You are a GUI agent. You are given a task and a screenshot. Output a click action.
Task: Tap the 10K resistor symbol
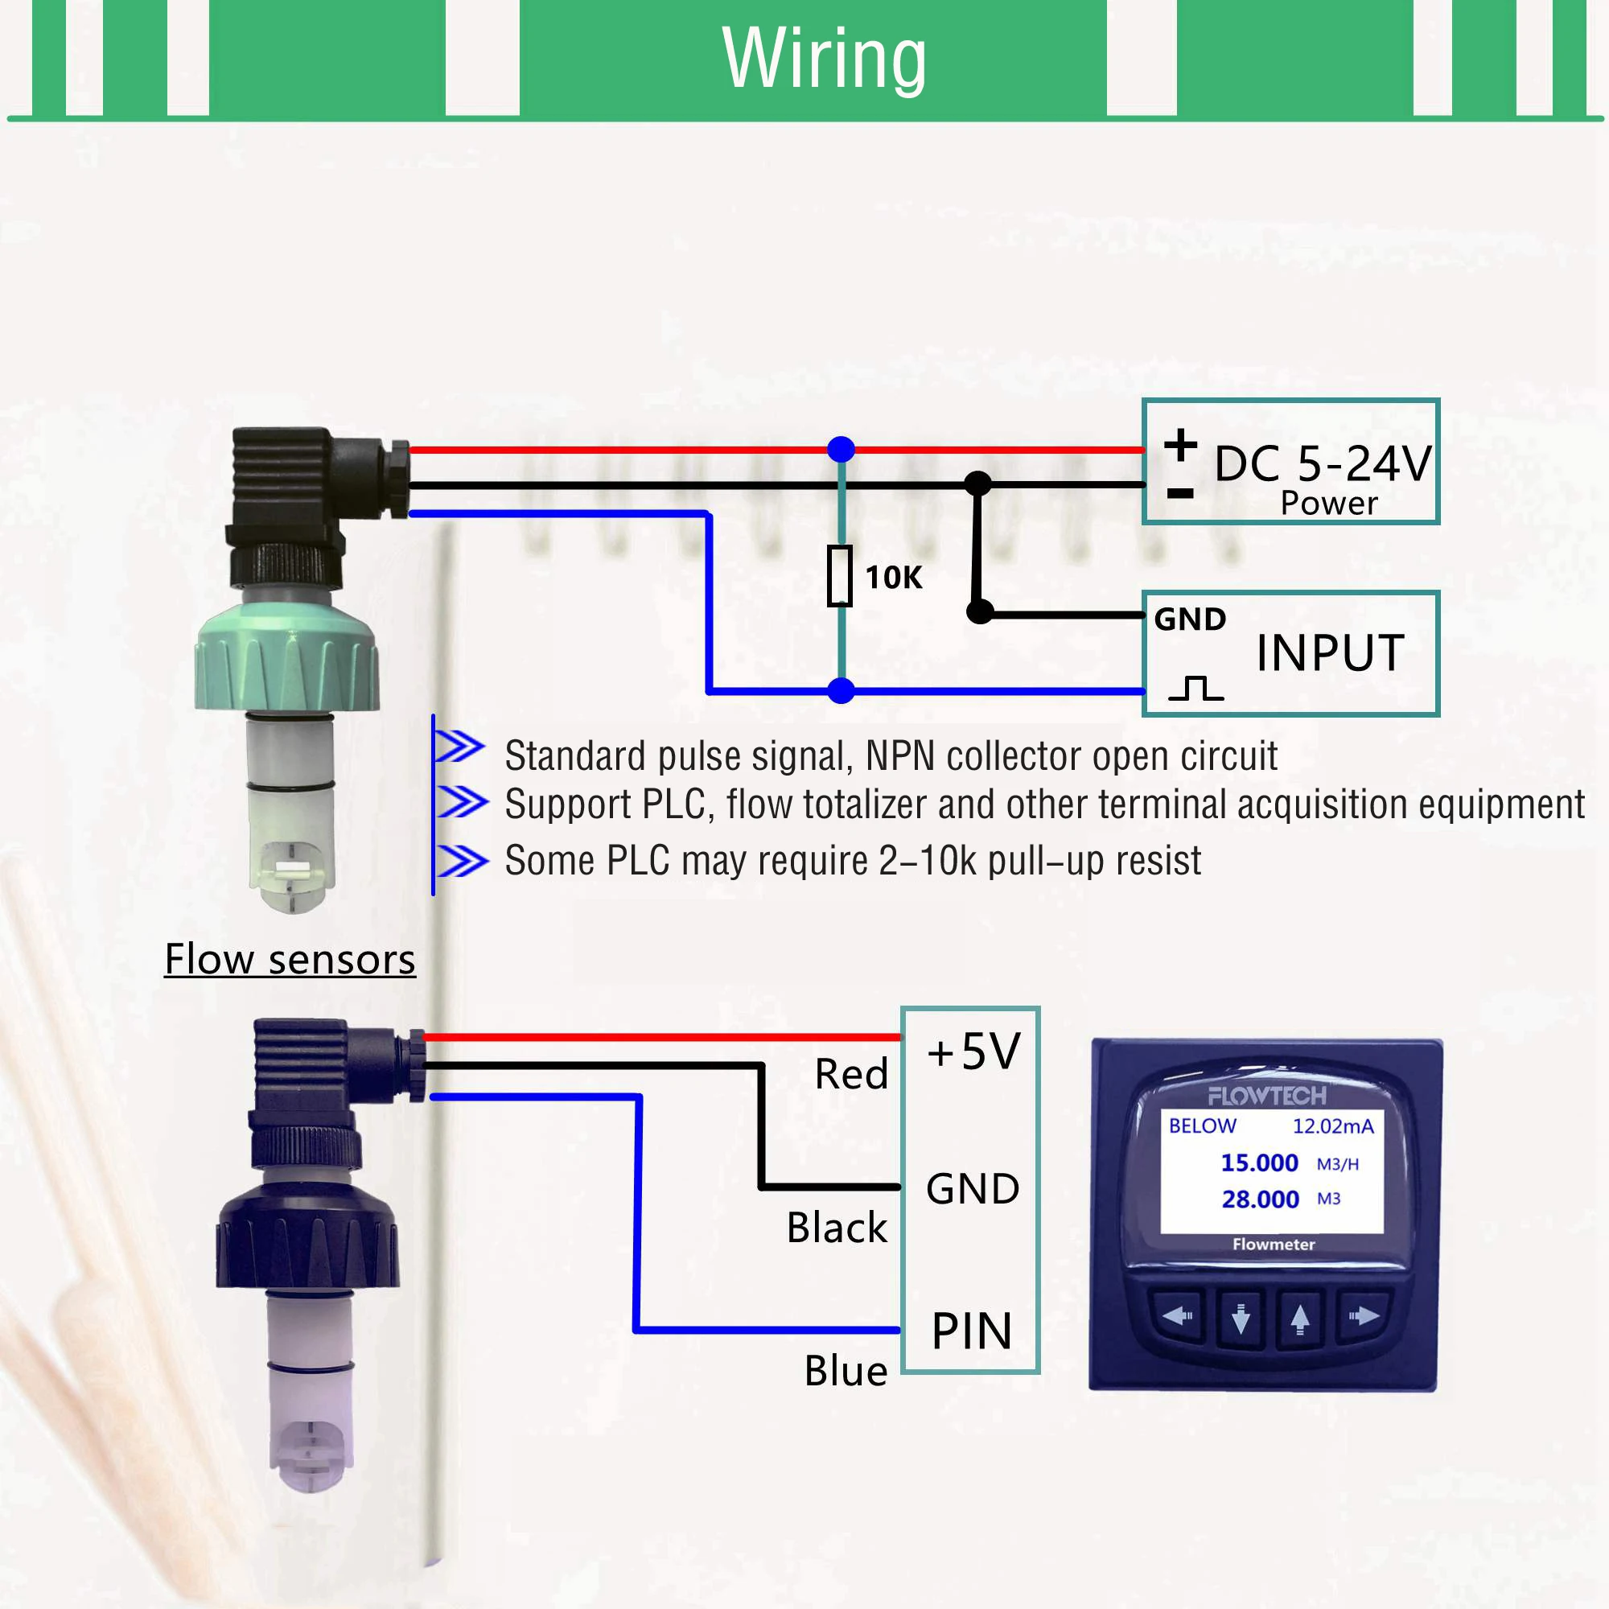click(839, 575)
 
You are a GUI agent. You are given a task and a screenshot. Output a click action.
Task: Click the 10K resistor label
click(894, 577)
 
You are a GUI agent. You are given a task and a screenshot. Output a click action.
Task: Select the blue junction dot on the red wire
click(842, 449)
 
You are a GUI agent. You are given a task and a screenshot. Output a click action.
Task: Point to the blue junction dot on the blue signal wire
click(842, 690)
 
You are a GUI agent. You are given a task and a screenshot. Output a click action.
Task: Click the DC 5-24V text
click(1323, 464)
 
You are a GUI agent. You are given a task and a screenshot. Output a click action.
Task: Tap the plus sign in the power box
click(1180, 444)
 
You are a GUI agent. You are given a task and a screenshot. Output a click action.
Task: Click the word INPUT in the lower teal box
click(1330, 653)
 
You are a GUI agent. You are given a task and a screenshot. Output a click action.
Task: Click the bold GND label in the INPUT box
click(1189, 619)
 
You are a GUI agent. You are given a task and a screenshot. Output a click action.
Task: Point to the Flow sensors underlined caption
click(290, 960)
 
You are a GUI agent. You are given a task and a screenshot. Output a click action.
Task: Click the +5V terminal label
click(973, 1051)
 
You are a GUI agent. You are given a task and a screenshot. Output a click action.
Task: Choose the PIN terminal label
click(971, 1331)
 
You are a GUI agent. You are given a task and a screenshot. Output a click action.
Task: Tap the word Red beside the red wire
click(851, 1074)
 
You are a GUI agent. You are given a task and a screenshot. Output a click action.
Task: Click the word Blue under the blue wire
click(846, 1371)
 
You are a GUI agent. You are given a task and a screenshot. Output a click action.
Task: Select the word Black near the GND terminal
click(836, 1228)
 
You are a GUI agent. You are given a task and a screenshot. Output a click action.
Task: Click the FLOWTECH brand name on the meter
click(1267, 1096)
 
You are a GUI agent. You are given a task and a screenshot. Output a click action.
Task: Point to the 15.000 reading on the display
click(1258, 1163)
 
